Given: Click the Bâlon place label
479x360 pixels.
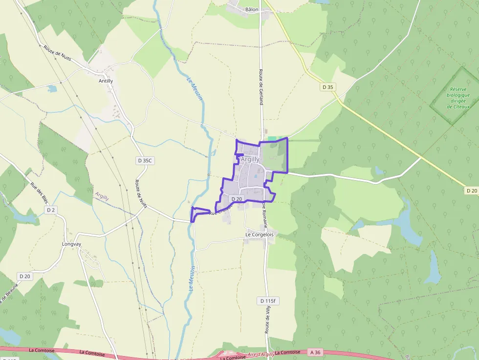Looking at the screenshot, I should (252, 9).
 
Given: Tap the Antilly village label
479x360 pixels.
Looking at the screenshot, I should (106, 81).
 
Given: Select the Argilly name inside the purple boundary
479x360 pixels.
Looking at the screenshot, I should (250, 159).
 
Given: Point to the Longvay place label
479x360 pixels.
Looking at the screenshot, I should (71, 244).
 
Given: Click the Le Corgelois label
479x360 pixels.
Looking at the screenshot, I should (260, 234).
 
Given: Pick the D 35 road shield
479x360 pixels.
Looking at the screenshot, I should (328, 87).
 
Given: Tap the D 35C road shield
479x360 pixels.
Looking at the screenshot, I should (145, 160).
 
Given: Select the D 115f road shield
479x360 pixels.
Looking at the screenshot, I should (268, 301).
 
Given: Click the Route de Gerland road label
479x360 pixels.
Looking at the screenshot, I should (261, 86).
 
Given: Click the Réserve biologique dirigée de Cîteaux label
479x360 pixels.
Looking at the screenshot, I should (458, 98).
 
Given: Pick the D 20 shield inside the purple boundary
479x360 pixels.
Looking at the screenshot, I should (237, 199).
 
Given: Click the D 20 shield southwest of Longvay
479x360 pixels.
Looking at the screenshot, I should (25, 276).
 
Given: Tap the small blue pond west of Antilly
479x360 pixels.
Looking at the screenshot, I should (52, 89).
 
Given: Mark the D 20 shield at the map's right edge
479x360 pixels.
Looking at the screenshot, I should (471, 191).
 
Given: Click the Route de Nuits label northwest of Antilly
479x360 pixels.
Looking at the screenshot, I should (57, 53).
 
